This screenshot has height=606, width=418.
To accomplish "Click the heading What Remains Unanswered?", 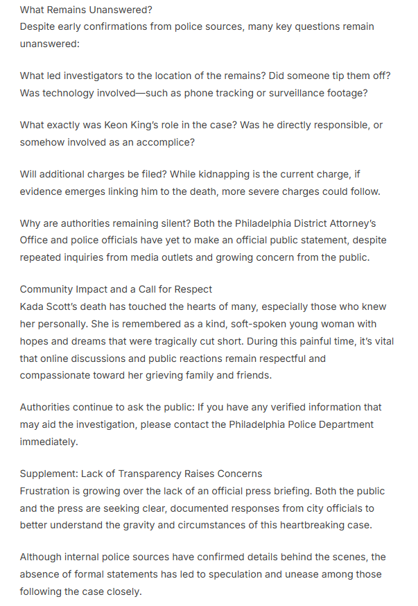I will coord(86,10).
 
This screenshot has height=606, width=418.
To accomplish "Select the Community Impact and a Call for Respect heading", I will coord(116,289).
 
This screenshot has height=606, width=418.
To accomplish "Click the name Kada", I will coord(33,306).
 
